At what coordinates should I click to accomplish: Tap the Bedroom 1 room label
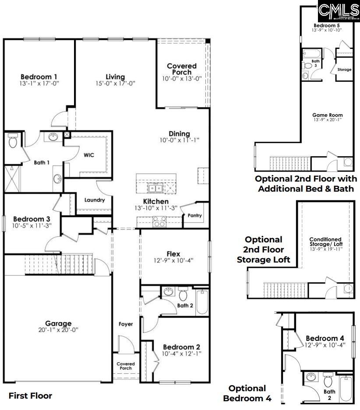(x=39, y=77)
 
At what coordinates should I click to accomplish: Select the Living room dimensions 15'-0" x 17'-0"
(x=115, y=83)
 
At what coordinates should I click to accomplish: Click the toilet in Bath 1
(x=12, y=141)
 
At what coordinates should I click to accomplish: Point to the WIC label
(x=89, y=155)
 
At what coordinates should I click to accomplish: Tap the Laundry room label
(x=95, y=200)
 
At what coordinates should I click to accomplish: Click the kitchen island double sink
(x=155, y=189)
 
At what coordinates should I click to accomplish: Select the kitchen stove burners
(x=159, y=221)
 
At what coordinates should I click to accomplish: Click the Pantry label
(x=195, y=215)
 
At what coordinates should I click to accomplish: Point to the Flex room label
(x=173, y=254)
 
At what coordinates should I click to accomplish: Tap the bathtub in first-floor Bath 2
(x=202, y=301)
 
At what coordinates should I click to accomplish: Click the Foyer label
(x=126, y=324)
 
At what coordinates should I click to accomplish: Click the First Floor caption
(x=30, y=396)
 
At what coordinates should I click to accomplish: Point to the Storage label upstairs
(x=344, y=69)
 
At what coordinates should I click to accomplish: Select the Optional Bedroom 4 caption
(x=247, y=393)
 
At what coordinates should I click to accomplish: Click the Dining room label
(x=180, y=134)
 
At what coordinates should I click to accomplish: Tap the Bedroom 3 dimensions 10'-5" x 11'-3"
(x=32, y=226)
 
